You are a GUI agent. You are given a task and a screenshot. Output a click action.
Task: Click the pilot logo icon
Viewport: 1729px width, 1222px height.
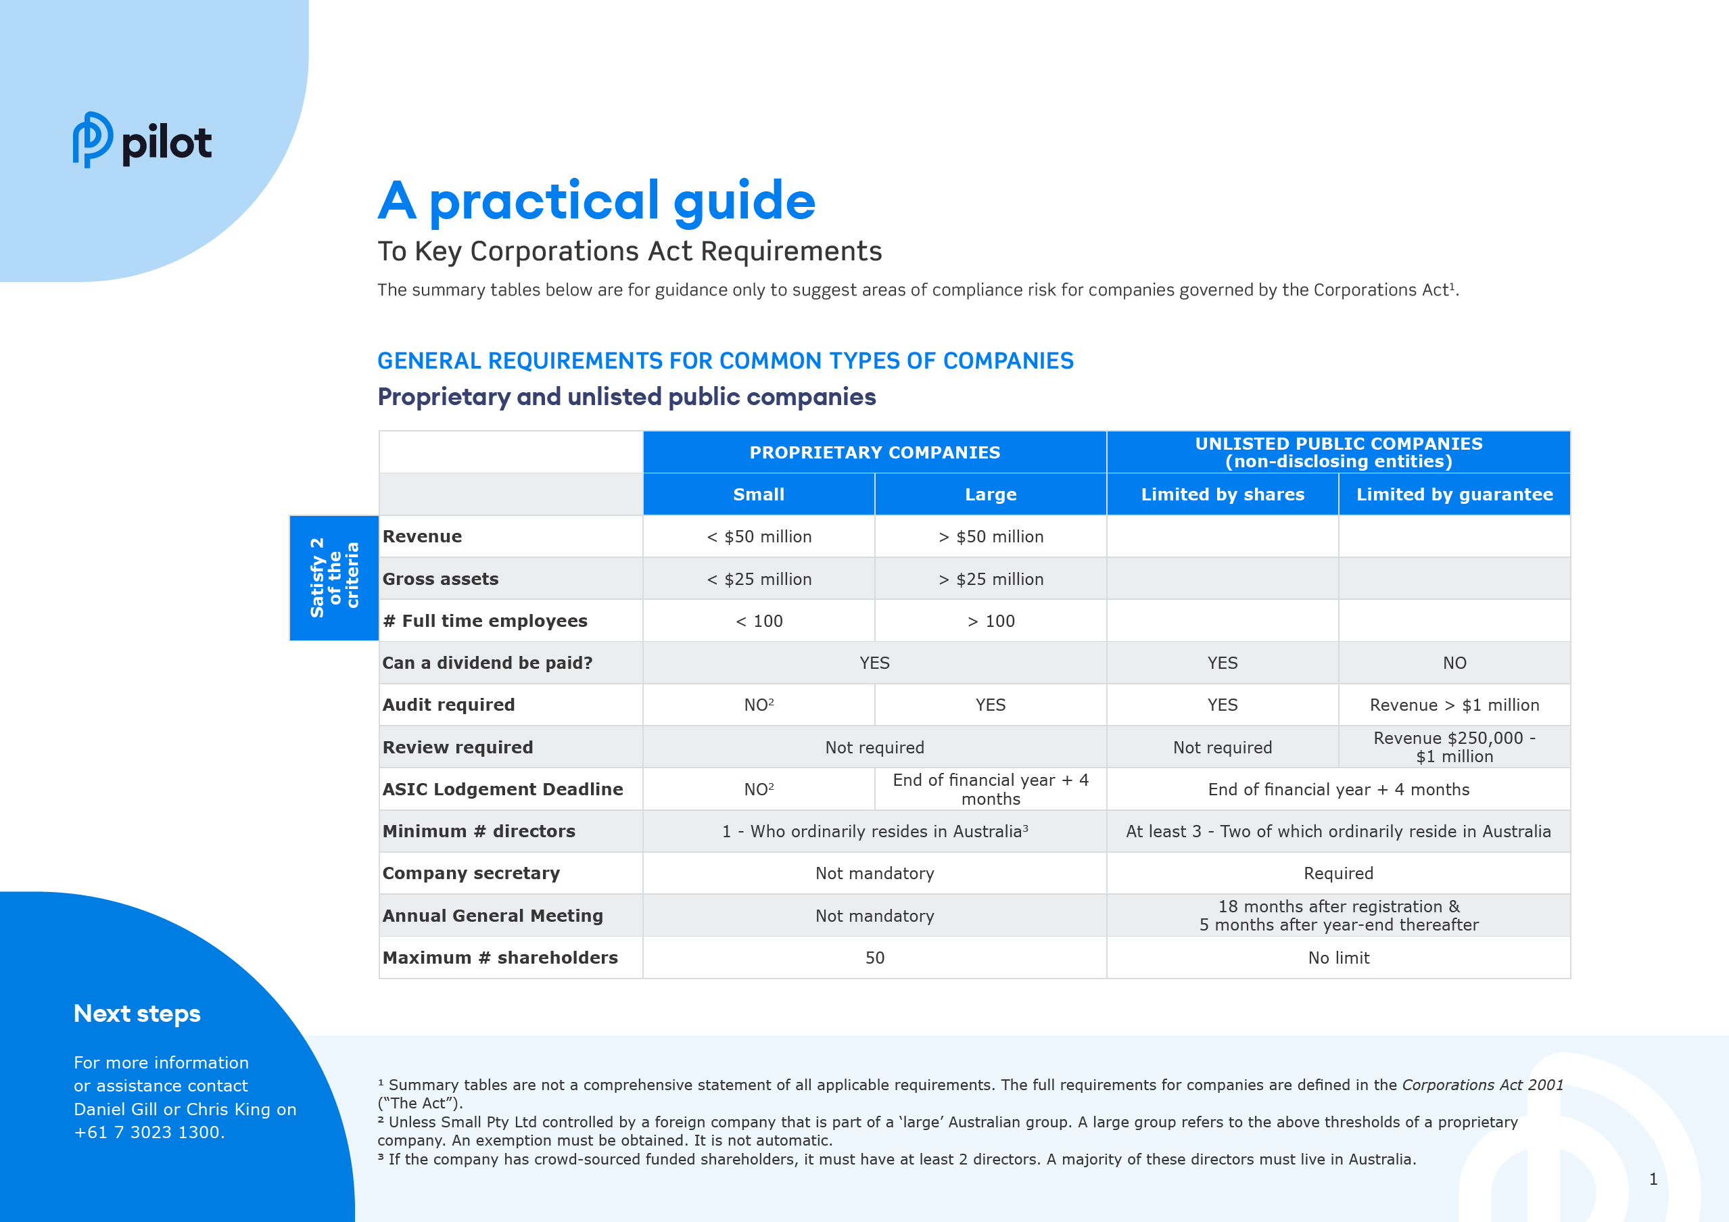pos(93,140)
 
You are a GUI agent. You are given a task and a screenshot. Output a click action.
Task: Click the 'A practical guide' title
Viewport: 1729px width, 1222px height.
pos(596,201)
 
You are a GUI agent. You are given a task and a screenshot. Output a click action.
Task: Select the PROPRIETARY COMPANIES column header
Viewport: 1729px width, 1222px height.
pos(874,452)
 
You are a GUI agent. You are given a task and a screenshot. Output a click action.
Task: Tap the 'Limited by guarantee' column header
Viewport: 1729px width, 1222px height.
pos(1454,494)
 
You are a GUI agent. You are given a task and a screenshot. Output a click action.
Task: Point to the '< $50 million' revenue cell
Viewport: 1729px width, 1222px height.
pos(759,537)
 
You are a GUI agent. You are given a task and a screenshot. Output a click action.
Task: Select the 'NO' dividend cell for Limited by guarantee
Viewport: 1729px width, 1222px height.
pos(1454,663)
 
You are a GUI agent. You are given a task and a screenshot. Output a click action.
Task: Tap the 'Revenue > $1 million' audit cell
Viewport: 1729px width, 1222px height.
pos(1454,705)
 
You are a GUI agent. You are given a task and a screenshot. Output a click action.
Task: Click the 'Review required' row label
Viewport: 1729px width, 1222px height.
pos(458,748)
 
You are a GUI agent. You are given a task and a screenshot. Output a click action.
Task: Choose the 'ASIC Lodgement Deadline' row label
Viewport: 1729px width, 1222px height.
pos(502,790)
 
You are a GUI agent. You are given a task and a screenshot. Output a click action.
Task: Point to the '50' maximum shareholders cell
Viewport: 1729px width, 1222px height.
pos(874,958)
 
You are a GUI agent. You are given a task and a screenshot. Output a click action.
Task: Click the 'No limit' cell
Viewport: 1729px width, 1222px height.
pos(1338,958)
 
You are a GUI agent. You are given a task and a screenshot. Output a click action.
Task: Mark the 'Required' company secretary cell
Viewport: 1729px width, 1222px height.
pos(1338,874)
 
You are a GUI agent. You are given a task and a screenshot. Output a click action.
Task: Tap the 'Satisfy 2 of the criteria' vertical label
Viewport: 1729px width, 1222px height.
pos(334,578)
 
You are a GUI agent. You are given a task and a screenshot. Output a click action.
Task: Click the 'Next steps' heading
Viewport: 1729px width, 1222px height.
pos(137,1014)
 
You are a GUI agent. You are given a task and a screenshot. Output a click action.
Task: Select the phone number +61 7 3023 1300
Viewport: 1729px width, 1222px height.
pos(149,1133)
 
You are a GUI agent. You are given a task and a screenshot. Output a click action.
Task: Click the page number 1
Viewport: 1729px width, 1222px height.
pos(1653,1179)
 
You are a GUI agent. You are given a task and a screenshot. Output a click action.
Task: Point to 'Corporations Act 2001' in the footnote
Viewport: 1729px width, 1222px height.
pos(1482,1085)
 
